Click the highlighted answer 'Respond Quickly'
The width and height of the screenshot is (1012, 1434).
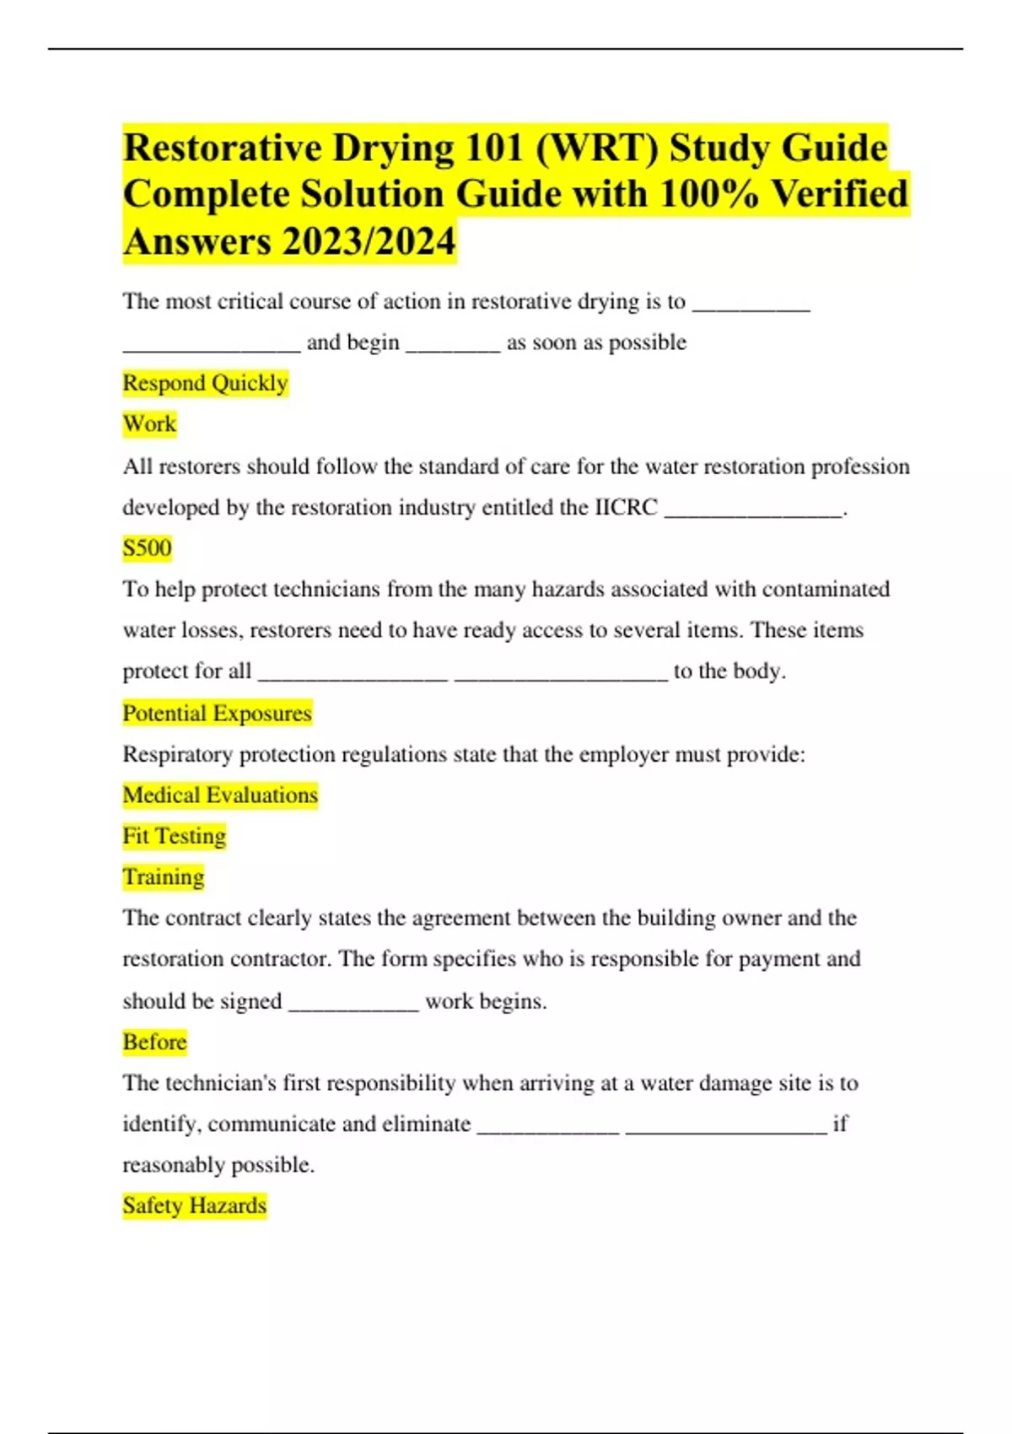coord(205,383)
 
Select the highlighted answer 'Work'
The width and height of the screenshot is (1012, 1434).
coord(149,423)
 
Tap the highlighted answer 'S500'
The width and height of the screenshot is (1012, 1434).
coord(147,548)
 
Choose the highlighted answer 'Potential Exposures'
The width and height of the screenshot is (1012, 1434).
coord(217,714)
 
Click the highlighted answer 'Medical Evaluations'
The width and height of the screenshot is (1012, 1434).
coord(220,795)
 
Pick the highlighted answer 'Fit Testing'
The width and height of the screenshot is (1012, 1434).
coord(174,836)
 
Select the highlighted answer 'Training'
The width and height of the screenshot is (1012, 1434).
coord(163,877)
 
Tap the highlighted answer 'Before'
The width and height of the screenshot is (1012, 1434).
coord(154,1043)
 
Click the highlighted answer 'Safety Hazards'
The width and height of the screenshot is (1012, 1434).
coord(194,1206)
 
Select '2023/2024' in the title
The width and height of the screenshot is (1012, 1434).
coord(369,242)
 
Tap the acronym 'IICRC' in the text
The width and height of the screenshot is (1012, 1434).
coord(626,508)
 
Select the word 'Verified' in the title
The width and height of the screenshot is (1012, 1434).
coord(840,195)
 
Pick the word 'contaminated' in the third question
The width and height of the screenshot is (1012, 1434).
coord(826,590)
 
